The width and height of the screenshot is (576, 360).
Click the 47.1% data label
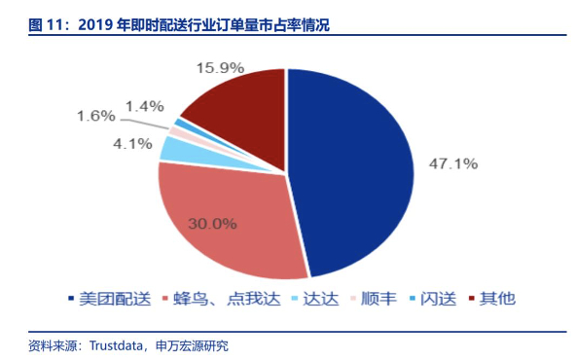click(x=453, y=163)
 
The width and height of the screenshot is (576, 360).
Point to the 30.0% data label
click(x=213, y=223)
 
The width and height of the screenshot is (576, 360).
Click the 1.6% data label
click(x=96, y=116)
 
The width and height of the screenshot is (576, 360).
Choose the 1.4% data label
click(x=145, y=103)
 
